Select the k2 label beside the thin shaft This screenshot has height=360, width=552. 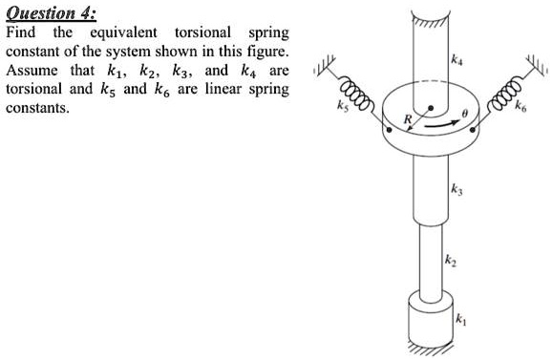pos(450,260)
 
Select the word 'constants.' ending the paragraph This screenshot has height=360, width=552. pos(38,108)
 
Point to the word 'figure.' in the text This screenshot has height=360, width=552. pos(263,52)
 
